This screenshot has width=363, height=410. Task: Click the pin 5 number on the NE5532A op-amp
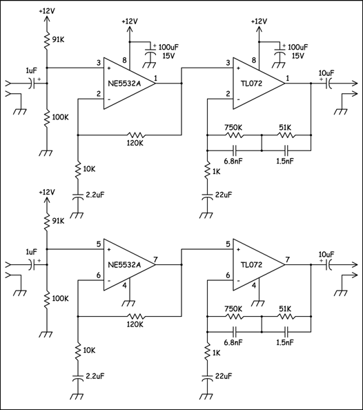tap(98, 244)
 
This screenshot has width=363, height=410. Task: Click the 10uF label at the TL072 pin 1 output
tap(326, 72)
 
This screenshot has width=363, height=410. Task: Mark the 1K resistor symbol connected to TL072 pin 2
tap(206, 170)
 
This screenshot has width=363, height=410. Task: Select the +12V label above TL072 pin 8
tap(259, 21)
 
